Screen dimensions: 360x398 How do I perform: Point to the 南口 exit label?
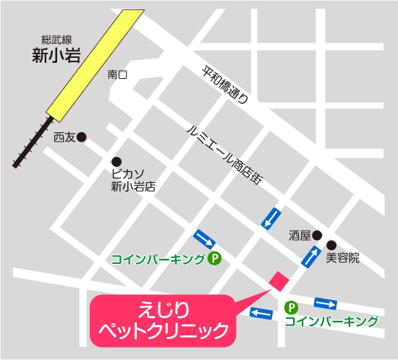(x=117, y=74)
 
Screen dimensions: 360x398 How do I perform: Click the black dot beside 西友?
(x=82, y=137)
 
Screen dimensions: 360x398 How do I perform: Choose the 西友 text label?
(x=64, y=137)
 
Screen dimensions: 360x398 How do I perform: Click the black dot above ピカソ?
(x=116, y=161)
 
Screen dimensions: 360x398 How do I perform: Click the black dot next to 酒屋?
(x=316, y=234)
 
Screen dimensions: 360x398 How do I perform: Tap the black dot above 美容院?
(x=331, y=244)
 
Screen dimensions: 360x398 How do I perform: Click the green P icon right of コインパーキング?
(x=214, y=258)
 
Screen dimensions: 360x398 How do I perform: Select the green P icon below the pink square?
(x=291, y=307)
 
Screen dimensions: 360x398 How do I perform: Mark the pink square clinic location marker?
(x=278, y=280)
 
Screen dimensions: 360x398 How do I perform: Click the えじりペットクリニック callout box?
(x=164, y=321)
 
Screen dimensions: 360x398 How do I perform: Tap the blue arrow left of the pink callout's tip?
(x=261, y=312)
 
